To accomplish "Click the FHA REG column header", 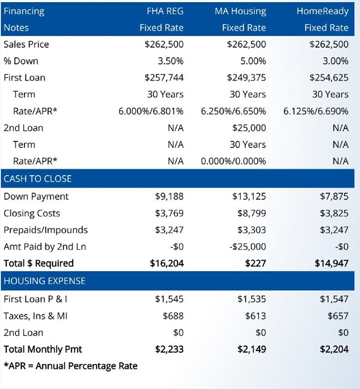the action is (165, 11).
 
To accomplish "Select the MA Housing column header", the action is (240, 12).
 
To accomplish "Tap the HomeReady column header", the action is (322, 12).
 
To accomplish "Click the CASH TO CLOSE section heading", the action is (38, 179).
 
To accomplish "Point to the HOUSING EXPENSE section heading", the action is (45, 281).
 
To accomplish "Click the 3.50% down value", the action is (170, 61).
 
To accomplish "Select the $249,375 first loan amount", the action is (246, 77).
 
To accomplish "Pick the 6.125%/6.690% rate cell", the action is (316, 111).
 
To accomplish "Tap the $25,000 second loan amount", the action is (249, 128).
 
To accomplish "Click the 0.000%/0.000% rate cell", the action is (233, 161).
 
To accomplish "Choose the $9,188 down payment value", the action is (169, 197).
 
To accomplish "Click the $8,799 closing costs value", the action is (252, 213).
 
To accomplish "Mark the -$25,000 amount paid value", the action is (247, 247).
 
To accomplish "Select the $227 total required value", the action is (256, 263).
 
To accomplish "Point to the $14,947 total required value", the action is (332, 263).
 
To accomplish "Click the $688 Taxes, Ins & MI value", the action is (173, 316).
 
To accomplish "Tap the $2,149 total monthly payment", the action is (252, 349).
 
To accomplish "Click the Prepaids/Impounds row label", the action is (46, 230).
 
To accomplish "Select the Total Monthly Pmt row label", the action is (43, 349).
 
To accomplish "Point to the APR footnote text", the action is (71, 366).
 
